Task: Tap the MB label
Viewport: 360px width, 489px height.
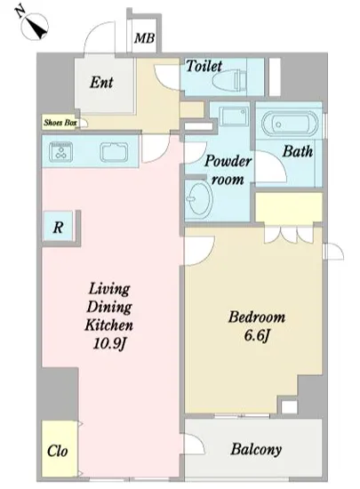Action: pos(144,38)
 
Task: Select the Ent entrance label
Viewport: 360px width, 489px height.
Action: pos(101,83)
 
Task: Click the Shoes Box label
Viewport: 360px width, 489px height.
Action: pos(60,123)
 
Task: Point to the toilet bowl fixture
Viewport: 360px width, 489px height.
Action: pos(229,80)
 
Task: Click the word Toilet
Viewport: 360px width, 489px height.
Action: pos(204,66)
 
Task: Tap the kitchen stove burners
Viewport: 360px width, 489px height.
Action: pos(60,152)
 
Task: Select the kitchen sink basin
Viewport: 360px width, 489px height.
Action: pos(114,152)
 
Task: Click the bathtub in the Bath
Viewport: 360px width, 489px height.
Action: pos(290,124)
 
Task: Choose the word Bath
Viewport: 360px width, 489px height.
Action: pos(298,151)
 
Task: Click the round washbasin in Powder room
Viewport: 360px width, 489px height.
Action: pos(199,199)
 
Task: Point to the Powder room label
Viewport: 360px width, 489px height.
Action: pos(228,171)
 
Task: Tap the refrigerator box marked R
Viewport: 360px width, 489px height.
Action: pos(59,227)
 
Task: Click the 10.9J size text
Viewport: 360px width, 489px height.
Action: pos(109,344)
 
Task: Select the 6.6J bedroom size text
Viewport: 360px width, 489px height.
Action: pos(257,335)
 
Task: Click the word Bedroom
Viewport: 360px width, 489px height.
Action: pos(257,317)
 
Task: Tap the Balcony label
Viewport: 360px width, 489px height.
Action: pos(256,449)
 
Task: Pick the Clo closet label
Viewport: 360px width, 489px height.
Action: pos(58,451)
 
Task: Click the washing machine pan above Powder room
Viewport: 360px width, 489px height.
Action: pos(234,116)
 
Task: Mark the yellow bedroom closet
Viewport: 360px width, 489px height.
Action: pos(289,208)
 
